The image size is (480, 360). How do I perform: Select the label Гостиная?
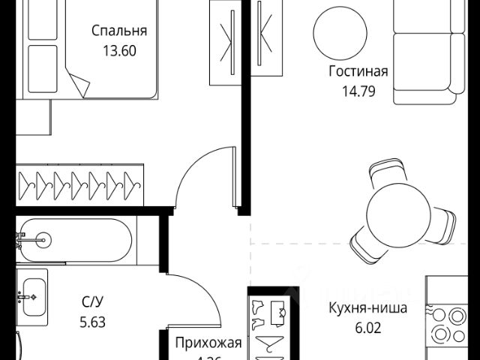tap(358, 72)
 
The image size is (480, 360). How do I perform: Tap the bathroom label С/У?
tap(93, 303)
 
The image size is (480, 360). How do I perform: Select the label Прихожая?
tap(208, 343)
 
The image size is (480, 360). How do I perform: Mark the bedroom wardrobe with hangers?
tap(79, 181)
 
